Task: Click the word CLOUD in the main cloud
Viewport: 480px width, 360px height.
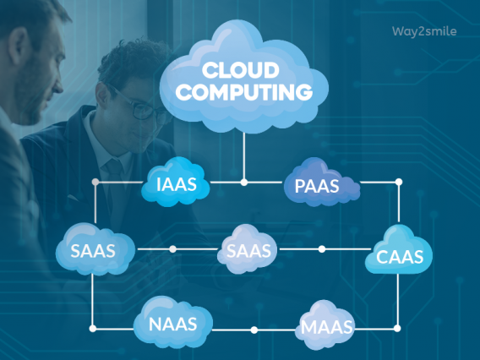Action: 240,70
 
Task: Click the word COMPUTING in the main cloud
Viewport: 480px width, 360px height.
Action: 244,91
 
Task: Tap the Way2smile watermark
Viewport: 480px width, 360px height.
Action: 424,31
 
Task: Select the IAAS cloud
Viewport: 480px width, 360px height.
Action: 176,182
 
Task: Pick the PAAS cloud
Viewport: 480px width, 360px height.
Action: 321,183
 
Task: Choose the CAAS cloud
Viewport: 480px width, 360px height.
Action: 399,249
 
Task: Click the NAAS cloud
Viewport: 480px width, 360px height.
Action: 173,322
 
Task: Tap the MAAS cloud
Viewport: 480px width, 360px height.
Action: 325,325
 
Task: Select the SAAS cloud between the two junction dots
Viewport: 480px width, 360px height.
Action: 248,249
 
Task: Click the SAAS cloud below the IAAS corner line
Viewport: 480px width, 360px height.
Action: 95,249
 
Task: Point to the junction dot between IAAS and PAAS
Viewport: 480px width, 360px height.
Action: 244,183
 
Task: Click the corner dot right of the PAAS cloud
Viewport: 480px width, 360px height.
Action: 399,183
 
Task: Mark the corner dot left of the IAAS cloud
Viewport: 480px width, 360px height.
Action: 95,183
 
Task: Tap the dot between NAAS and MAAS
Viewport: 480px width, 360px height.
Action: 254,330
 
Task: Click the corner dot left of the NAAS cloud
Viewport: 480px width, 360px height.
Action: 92,329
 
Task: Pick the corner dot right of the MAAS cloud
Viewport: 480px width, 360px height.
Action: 397,329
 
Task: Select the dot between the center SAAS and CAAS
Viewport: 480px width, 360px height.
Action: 322,249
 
